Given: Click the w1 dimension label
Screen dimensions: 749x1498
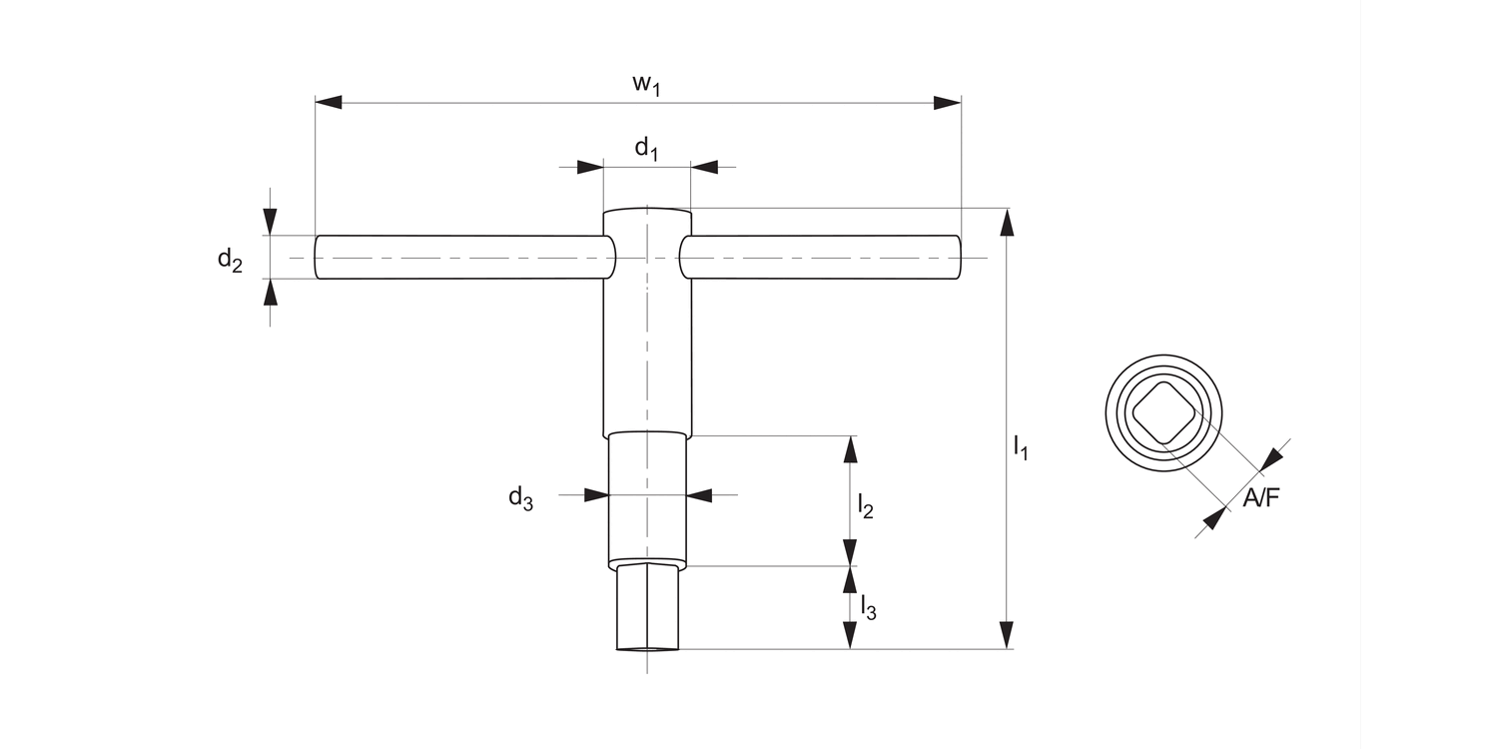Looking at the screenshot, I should (x=647, y=85).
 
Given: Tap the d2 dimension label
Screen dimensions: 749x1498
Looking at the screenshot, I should (x=230, y=261).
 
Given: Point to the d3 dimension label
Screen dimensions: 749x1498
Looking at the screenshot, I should (x=520, y=497).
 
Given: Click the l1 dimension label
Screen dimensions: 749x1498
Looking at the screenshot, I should (x=1020, y=448).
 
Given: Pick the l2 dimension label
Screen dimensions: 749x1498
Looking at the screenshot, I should (x=865, y=506).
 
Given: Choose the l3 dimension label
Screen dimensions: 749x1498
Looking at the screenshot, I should (x=867, y=607).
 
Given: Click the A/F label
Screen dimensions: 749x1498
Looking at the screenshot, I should (x=1260, y=498).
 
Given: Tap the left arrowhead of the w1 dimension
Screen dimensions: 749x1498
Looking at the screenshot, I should (x=329, y=103).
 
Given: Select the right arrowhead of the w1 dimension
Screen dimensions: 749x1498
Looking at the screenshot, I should (x=947, y=103).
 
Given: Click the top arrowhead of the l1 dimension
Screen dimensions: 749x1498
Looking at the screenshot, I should (x=1007, y=222).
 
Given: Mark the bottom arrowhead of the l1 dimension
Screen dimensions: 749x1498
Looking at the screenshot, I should (x=1007, y=635).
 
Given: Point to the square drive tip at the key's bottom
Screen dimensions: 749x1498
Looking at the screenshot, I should (x=647, y=608).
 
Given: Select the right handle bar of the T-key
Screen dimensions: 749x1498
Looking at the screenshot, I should (x=819, y=258).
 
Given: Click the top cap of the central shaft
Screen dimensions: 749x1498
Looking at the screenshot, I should (x=647, y=218).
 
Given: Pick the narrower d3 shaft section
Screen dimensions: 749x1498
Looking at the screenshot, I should (x=647, y=497).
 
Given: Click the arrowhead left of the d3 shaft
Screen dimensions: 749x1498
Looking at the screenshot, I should (x=597, y=494).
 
